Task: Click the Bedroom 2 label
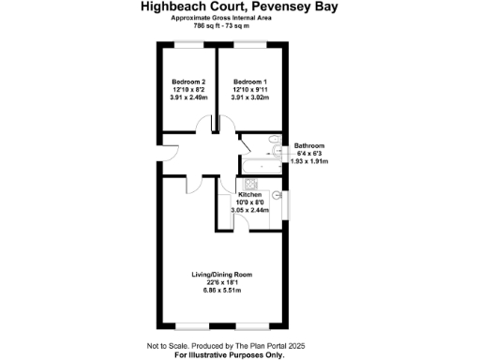(x=189, y=82)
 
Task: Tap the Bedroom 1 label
(x=250, y=82)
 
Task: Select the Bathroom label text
(x=309, y=146)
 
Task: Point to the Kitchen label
(x=249, y=194)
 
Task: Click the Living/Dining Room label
(x=221, y=275)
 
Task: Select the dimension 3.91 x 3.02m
(x=250, y=97)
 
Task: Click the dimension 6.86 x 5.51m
(x=221, y=290)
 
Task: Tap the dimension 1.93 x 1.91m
(x=309, y=162)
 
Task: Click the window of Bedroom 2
(x=189, y=45)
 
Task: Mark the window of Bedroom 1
(x=249, y=45)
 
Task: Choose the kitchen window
(x=286, y=203)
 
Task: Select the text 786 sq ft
(x=207, y=25)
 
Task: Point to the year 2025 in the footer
(x=296, y=346)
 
